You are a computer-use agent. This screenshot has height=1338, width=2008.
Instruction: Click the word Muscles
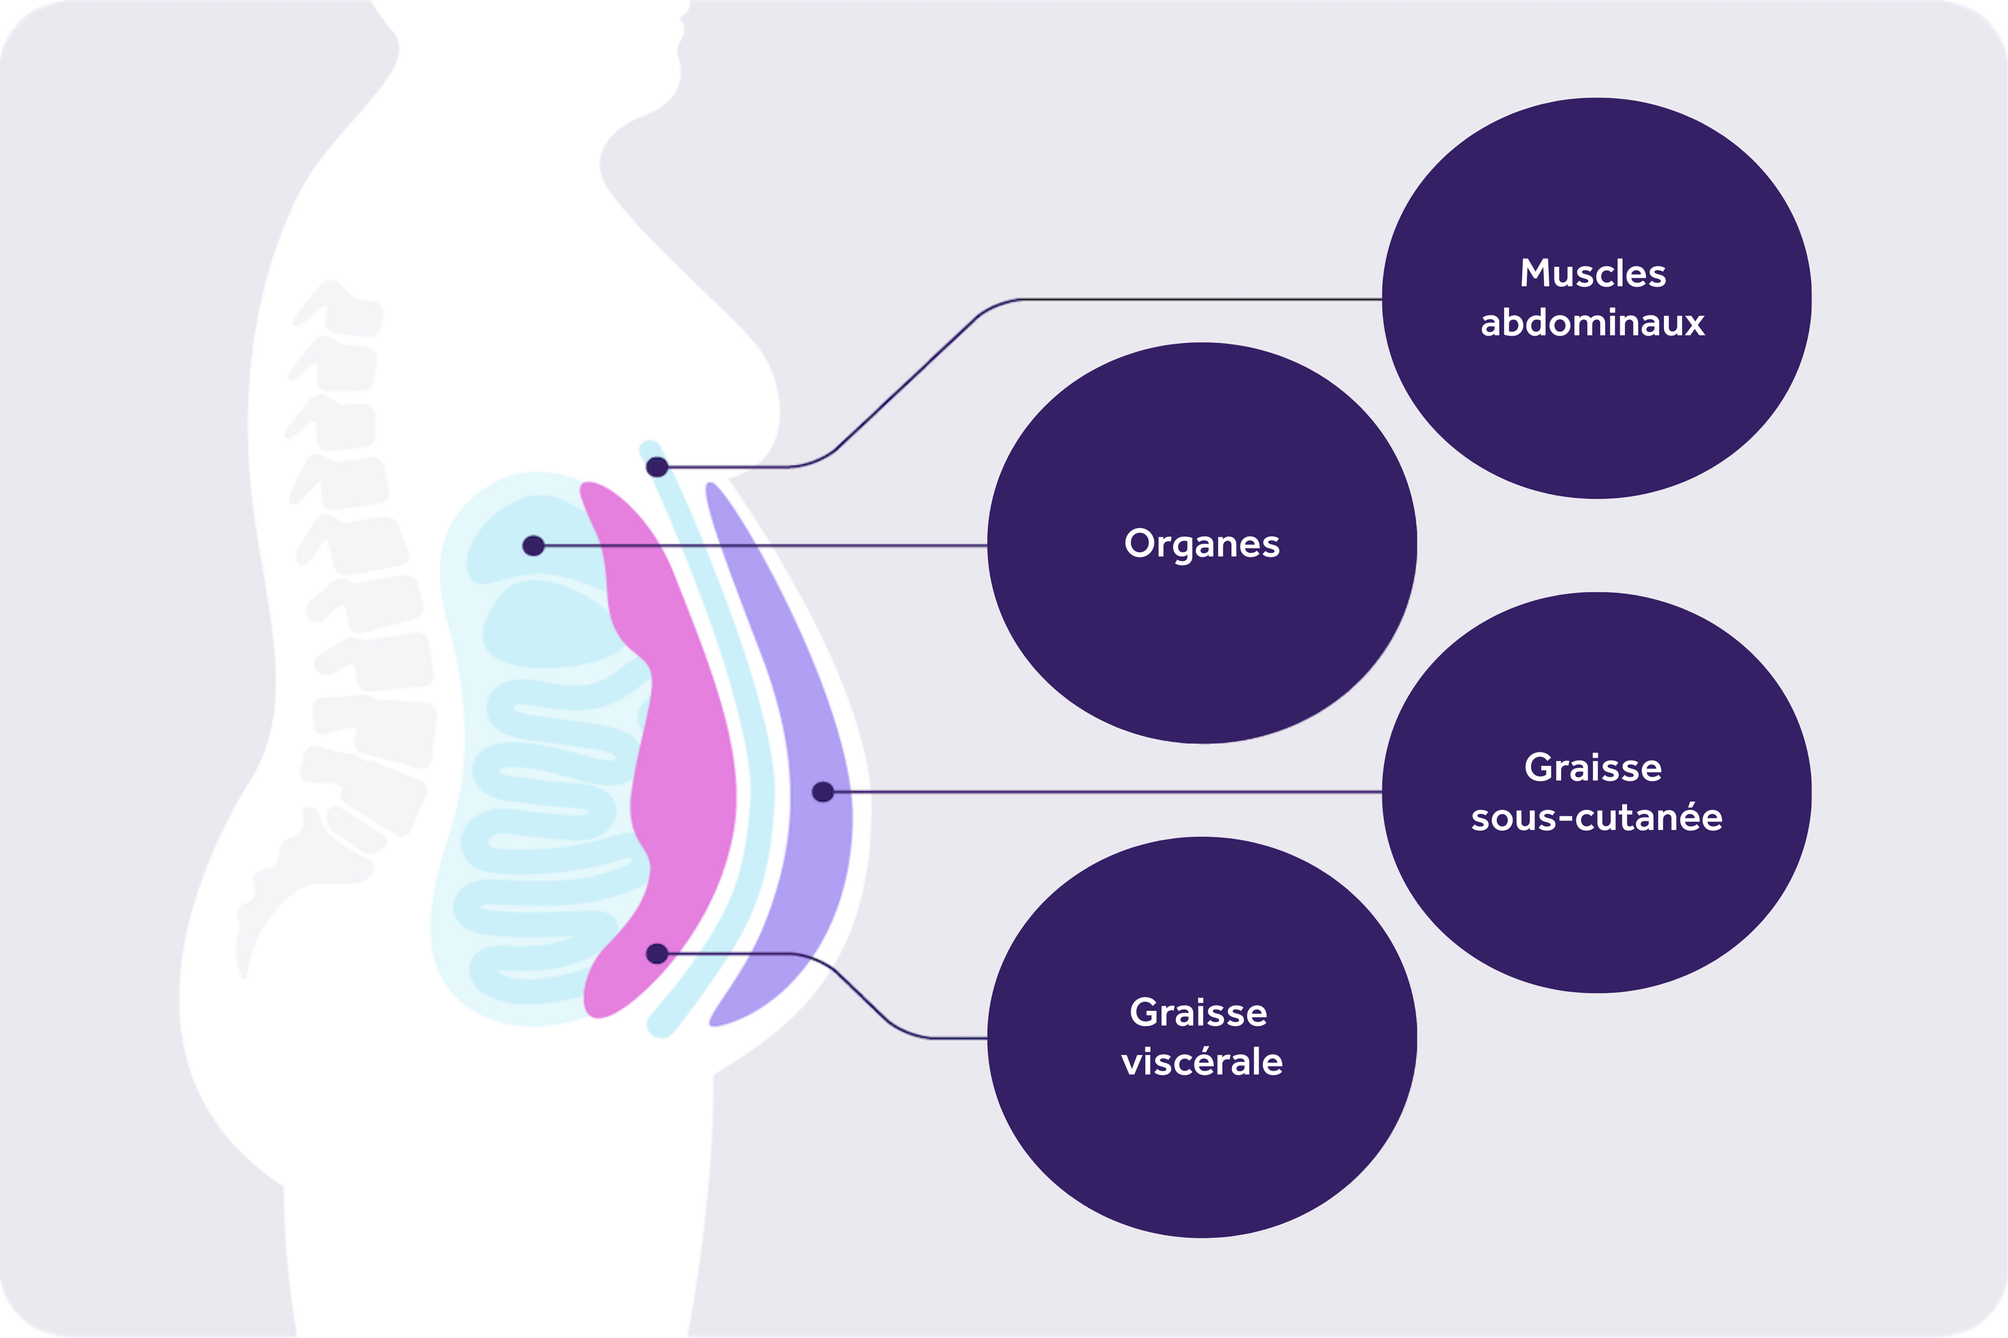coord(1593,274)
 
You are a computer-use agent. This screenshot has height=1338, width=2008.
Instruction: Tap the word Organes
coord(1202,543)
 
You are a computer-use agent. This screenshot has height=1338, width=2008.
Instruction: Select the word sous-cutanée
coord(1596,817)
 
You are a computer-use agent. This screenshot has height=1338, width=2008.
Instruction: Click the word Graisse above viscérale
coord(1198,1013)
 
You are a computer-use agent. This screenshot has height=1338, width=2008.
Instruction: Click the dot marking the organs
coord(534,545)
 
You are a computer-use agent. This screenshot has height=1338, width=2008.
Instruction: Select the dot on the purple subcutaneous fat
coord(822,792)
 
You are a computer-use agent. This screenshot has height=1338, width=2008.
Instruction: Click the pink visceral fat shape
coord(683,768)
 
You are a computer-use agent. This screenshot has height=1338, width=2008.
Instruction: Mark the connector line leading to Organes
coord(768,545)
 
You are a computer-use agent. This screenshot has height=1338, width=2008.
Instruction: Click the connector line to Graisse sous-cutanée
coord(1109,792)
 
